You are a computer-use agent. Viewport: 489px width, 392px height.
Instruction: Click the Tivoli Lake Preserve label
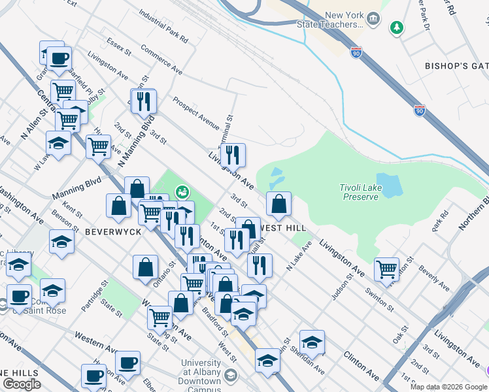(359, 192)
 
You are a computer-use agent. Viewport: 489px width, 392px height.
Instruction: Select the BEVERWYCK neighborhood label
(112, 232)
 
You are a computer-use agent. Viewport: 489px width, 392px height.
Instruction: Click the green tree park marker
(396, 27)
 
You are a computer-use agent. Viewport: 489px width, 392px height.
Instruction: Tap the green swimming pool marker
(182, 192)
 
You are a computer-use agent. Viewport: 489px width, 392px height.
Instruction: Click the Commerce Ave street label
(161, 57)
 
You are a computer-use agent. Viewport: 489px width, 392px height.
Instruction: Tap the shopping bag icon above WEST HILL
(278, 204)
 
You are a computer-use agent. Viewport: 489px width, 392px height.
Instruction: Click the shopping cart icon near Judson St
(386, 268)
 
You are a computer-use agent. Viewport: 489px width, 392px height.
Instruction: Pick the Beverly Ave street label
(434, 277)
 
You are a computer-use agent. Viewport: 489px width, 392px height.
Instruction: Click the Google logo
(22, 384)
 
